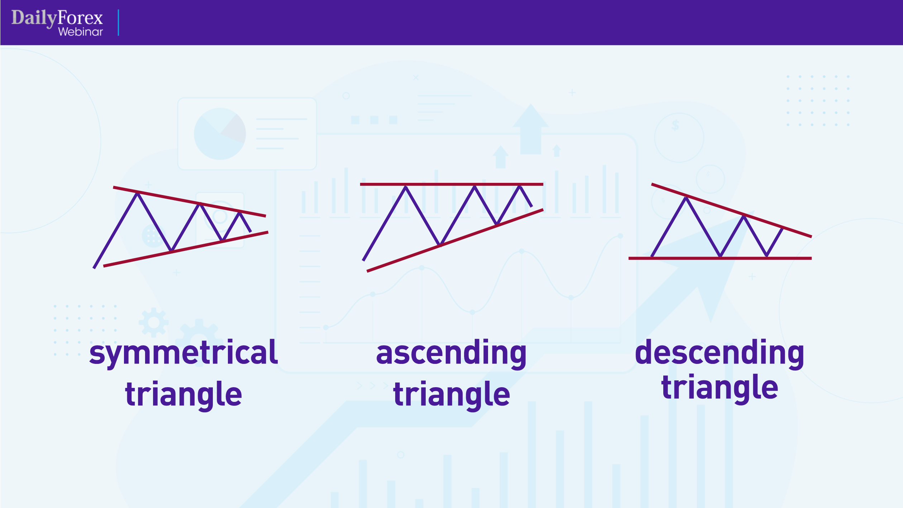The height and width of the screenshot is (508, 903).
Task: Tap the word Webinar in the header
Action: coord(80,32)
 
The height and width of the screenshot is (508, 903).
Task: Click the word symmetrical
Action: coord(183,353)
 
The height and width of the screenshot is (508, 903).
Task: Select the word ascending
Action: coord(451,353)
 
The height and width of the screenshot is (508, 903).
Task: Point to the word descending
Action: coord(719,353)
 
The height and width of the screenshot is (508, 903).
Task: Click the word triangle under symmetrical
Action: coord(183,394)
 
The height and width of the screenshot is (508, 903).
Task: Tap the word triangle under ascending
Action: coord(451,394)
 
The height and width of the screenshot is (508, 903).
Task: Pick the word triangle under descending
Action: coord(719,388)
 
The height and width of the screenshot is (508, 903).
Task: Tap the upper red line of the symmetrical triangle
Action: coord(168,198)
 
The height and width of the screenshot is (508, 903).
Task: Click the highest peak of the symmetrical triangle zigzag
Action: coord(137,194)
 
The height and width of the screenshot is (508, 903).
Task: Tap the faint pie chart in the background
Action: coord(220,134)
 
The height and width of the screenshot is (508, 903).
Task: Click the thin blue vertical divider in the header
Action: coord(118,23)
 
